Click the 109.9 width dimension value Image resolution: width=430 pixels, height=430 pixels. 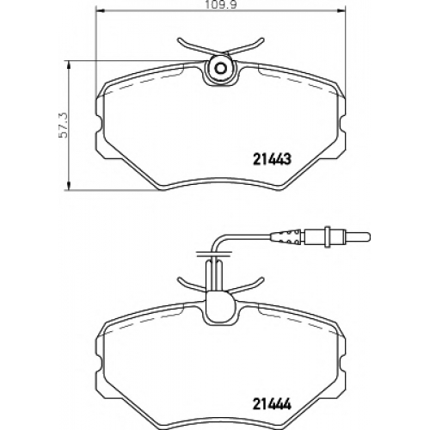pyautogui.click(x=220, y=5)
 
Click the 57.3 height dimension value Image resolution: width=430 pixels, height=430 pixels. pyautogui.click(x=63, y=125)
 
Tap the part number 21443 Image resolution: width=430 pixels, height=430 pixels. pyautogui.click(x=272, y=159)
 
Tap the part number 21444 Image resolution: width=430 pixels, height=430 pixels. pyautogui.click(x=272, y=404)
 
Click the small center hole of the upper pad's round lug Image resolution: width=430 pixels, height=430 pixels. pyautogui.click(x=220, y=69)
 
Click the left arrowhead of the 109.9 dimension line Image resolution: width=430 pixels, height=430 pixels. pyautogui.click(x=99, y=11)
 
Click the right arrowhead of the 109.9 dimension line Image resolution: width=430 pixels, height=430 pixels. pyautogui.click(x=341, y=11)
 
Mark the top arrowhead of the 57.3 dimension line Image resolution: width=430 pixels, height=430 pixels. pyautogui.click(x=68, y=65)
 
